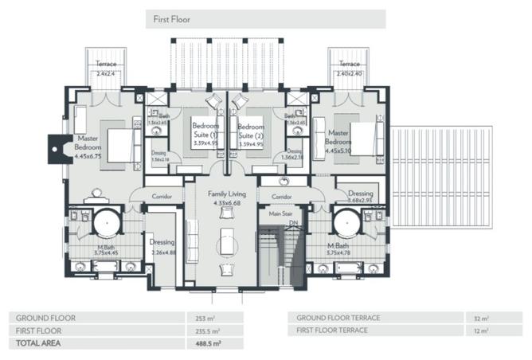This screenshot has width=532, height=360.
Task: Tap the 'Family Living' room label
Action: coord(227,194)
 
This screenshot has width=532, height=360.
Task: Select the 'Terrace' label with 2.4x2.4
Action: coord(106,64)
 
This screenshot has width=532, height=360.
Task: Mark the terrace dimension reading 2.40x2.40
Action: coord(349,72)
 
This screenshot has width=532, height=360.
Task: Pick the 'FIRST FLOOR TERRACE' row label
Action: coord(332,330)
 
